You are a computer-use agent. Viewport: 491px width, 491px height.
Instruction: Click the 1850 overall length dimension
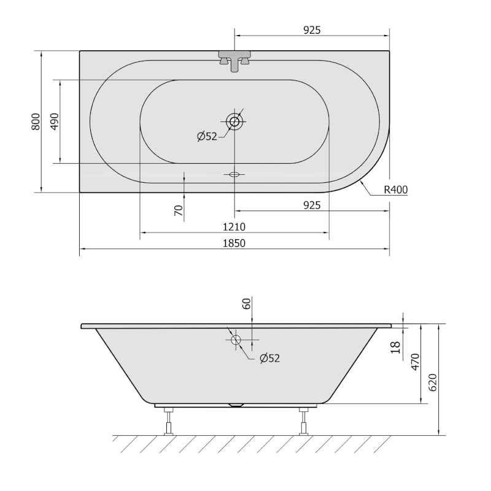click(x=234, y=243)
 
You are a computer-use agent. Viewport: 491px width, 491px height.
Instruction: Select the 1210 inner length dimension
click(x=234, y=226)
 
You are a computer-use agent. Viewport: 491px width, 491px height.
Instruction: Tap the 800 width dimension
click(x=36, y=122)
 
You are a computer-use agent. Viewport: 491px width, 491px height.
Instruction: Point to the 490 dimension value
click(x=54, y=122)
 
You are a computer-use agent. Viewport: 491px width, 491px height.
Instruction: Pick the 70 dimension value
click(x=179, y=211)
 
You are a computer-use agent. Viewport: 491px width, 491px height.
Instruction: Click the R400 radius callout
click(x=396, y=190)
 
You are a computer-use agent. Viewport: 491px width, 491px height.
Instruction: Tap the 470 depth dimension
click(x=416, y=362)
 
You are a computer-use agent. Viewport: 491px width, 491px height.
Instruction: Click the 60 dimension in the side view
click(x=247, y=303)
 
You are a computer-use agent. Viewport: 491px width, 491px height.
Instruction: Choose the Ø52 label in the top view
click(x=207, y=137)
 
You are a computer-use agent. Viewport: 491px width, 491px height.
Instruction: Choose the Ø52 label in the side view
click(x=269, y=358)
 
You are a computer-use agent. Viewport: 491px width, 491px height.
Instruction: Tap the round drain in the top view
click(x=234, y=122)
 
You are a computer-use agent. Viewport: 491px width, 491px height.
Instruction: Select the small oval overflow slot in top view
click(x=234, y=174)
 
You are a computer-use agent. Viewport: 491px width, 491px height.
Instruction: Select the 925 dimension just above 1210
click(x=312, y=206)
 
